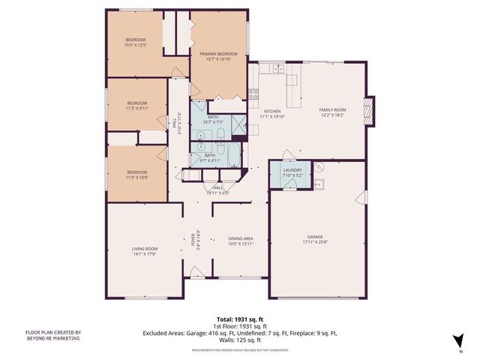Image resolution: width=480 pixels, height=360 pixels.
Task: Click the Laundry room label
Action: click(292, 170)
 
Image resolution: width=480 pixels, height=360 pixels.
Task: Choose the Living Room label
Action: click(145, 248)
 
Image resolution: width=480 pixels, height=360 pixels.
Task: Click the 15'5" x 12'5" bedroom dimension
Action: click(136, 45)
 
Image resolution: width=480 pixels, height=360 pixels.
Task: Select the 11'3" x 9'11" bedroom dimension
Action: click(136, 108)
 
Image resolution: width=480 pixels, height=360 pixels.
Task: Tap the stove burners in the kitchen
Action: click(253, 94)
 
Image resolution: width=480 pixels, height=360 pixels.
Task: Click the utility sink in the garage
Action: click(318, 184)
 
